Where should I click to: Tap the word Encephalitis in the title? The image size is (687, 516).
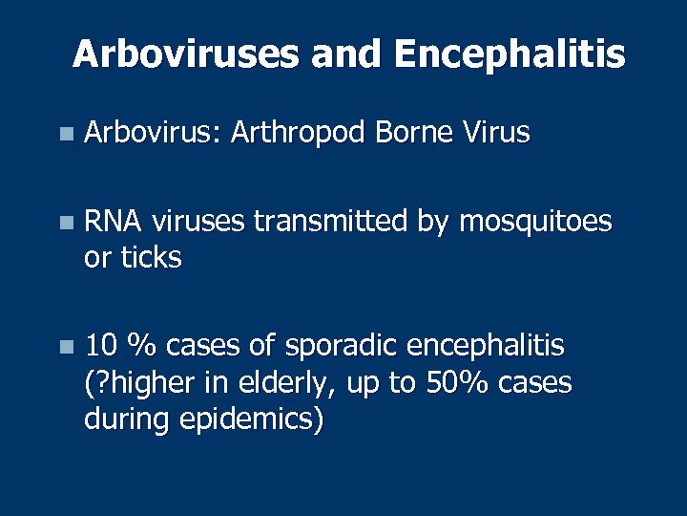510,54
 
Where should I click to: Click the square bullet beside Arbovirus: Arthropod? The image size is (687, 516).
64,134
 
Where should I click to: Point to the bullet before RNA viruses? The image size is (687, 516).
64,224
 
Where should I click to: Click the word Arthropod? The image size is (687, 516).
298,133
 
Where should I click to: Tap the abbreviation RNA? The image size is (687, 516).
114,222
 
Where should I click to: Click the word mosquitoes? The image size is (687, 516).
535,223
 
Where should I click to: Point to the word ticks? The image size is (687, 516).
148,257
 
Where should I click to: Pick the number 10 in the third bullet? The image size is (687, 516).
100,345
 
